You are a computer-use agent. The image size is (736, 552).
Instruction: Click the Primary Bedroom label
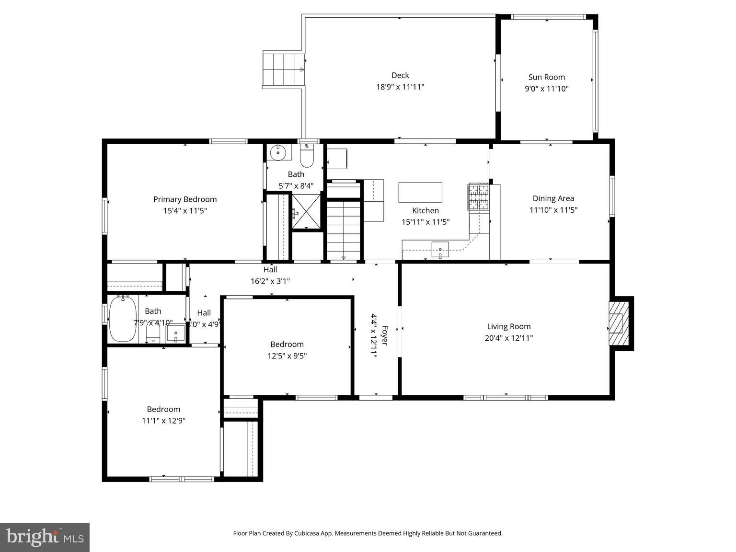[x=185, y=199]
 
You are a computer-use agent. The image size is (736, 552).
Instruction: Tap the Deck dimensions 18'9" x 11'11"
[x=400, y=87]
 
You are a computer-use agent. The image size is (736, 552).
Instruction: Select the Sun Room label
[x=546, y=77]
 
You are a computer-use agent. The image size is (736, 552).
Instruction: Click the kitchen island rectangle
[x=420, y=192]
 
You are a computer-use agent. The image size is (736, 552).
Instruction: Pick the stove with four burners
[x=478, y=197]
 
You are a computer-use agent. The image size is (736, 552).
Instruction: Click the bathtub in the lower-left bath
[x=123, y=319]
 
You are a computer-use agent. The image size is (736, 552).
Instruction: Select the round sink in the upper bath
[x=278, y=153]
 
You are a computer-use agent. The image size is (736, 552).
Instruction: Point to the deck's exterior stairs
[x=283, y=69]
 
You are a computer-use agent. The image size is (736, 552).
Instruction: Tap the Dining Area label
[x=553, y=198]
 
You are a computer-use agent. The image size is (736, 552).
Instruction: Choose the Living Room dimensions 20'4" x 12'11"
[x=508, y=338]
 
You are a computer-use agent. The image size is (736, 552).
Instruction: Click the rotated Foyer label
[x=384, y=335]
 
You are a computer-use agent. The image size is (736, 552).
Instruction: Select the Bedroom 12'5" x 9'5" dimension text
[x=287, y=356]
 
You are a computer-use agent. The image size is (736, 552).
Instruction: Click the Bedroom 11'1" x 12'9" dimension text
[x=163, y=421]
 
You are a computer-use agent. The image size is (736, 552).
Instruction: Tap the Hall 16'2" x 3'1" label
[x=270, y=281]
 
